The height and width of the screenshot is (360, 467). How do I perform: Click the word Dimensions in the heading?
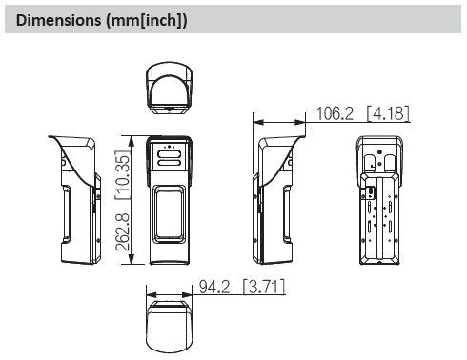click(58, 20)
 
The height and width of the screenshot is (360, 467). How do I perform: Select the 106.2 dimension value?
click(335, 113)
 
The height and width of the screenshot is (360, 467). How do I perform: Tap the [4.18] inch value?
click(388, 113)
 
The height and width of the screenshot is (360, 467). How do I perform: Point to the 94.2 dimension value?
click(214, 287)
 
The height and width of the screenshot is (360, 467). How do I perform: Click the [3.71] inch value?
click(264, 287)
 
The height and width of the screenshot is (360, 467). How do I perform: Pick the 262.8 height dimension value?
click(123, 232)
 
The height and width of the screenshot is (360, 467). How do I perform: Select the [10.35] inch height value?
click(123, 174)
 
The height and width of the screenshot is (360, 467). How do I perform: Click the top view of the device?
click(170, 88)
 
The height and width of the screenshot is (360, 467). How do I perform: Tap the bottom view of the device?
click(170, 327)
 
